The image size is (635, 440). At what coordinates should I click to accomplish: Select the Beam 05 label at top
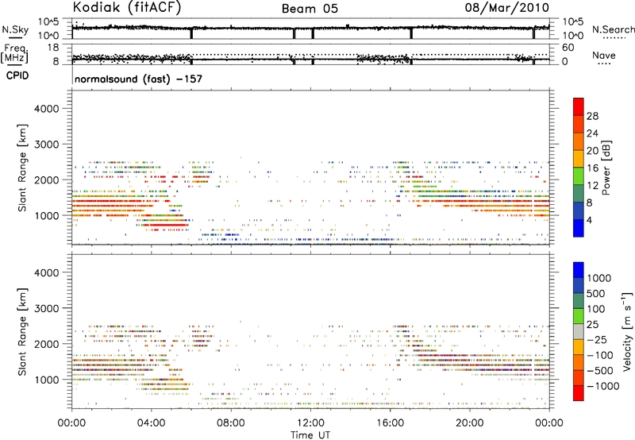point(312,9)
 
